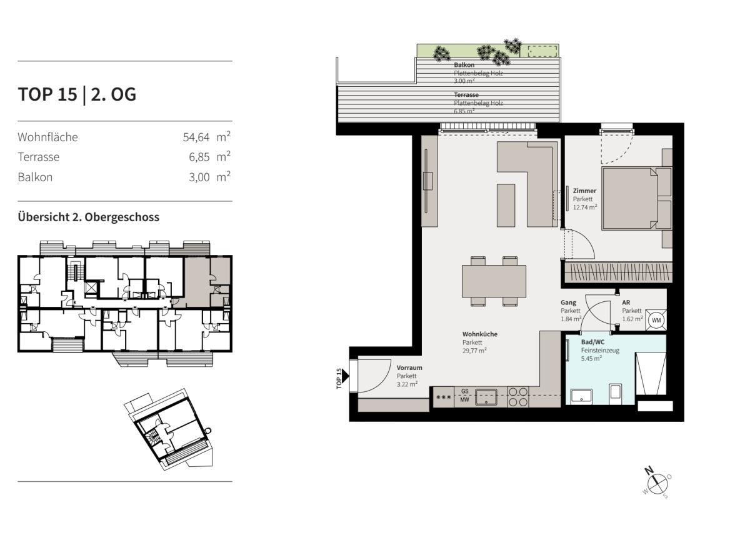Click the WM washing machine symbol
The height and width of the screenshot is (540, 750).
[656, 320]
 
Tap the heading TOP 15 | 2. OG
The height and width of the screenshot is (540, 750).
[77, 94]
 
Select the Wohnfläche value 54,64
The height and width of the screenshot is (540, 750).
[196, 137]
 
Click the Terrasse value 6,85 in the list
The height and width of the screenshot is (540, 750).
[199, 157]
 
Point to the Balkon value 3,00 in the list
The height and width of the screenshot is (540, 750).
[199, 177]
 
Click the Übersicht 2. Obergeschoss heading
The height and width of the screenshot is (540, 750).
[89, 217]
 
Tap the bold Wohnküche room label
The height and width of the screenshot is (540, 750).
[480, 334]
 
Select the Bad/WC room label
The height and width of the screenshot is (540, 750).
[592, 342]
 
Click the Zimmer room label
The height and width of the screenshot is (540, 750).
[584, 191]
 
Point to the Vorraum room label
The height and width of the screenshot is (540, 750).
[409, 367]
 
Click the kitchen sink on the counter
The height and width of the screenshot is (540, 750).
[486, 396]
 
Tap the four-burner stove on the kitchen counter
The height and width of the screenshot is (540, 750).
[518, 397]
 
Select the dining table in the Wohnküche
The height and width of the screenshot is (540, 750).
[494, 281]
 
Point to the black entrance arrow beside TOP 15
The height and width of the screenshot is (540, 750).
[346, 376]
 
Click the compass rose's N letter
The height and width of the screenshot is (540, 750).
[649, 471]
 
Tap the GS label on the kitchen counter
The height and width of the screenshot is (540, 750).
[465, 391]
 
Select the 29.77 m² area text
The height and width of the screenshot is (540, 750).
[474, 351]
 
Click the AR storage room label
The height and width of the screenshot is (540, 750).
[626, 302]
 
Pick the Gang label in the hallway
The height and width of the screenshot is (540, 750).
[569, 302]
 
